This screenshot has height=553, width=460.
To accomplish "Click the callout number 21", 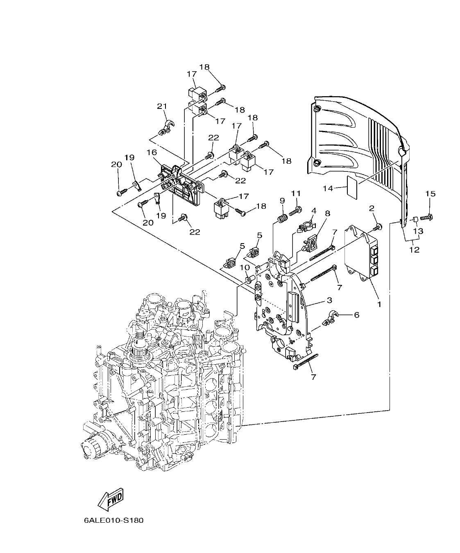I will coord(162,106).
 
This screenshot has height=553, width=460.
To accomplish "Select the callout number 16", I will coord(152,152).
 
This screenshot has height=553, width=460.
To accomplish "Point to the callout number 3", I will coord(329,301).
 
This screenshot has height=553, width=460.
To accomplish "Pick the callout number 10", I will coord(245,267).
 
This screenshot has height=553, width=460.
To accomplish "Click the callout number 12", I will coord(414,249).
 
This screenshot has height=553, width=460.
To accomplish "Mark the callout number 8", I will coord(327,213).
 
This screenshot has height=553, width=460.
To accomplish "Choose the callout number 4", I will coord(313,210).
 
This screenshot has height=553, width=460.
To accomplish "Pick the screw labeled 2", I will coord(377,226).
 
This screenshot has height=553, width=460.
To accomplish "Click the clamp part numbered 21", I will coord(166,127).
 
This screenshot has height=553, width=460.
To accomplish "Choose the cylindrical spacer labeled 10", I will coord(249,280).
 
